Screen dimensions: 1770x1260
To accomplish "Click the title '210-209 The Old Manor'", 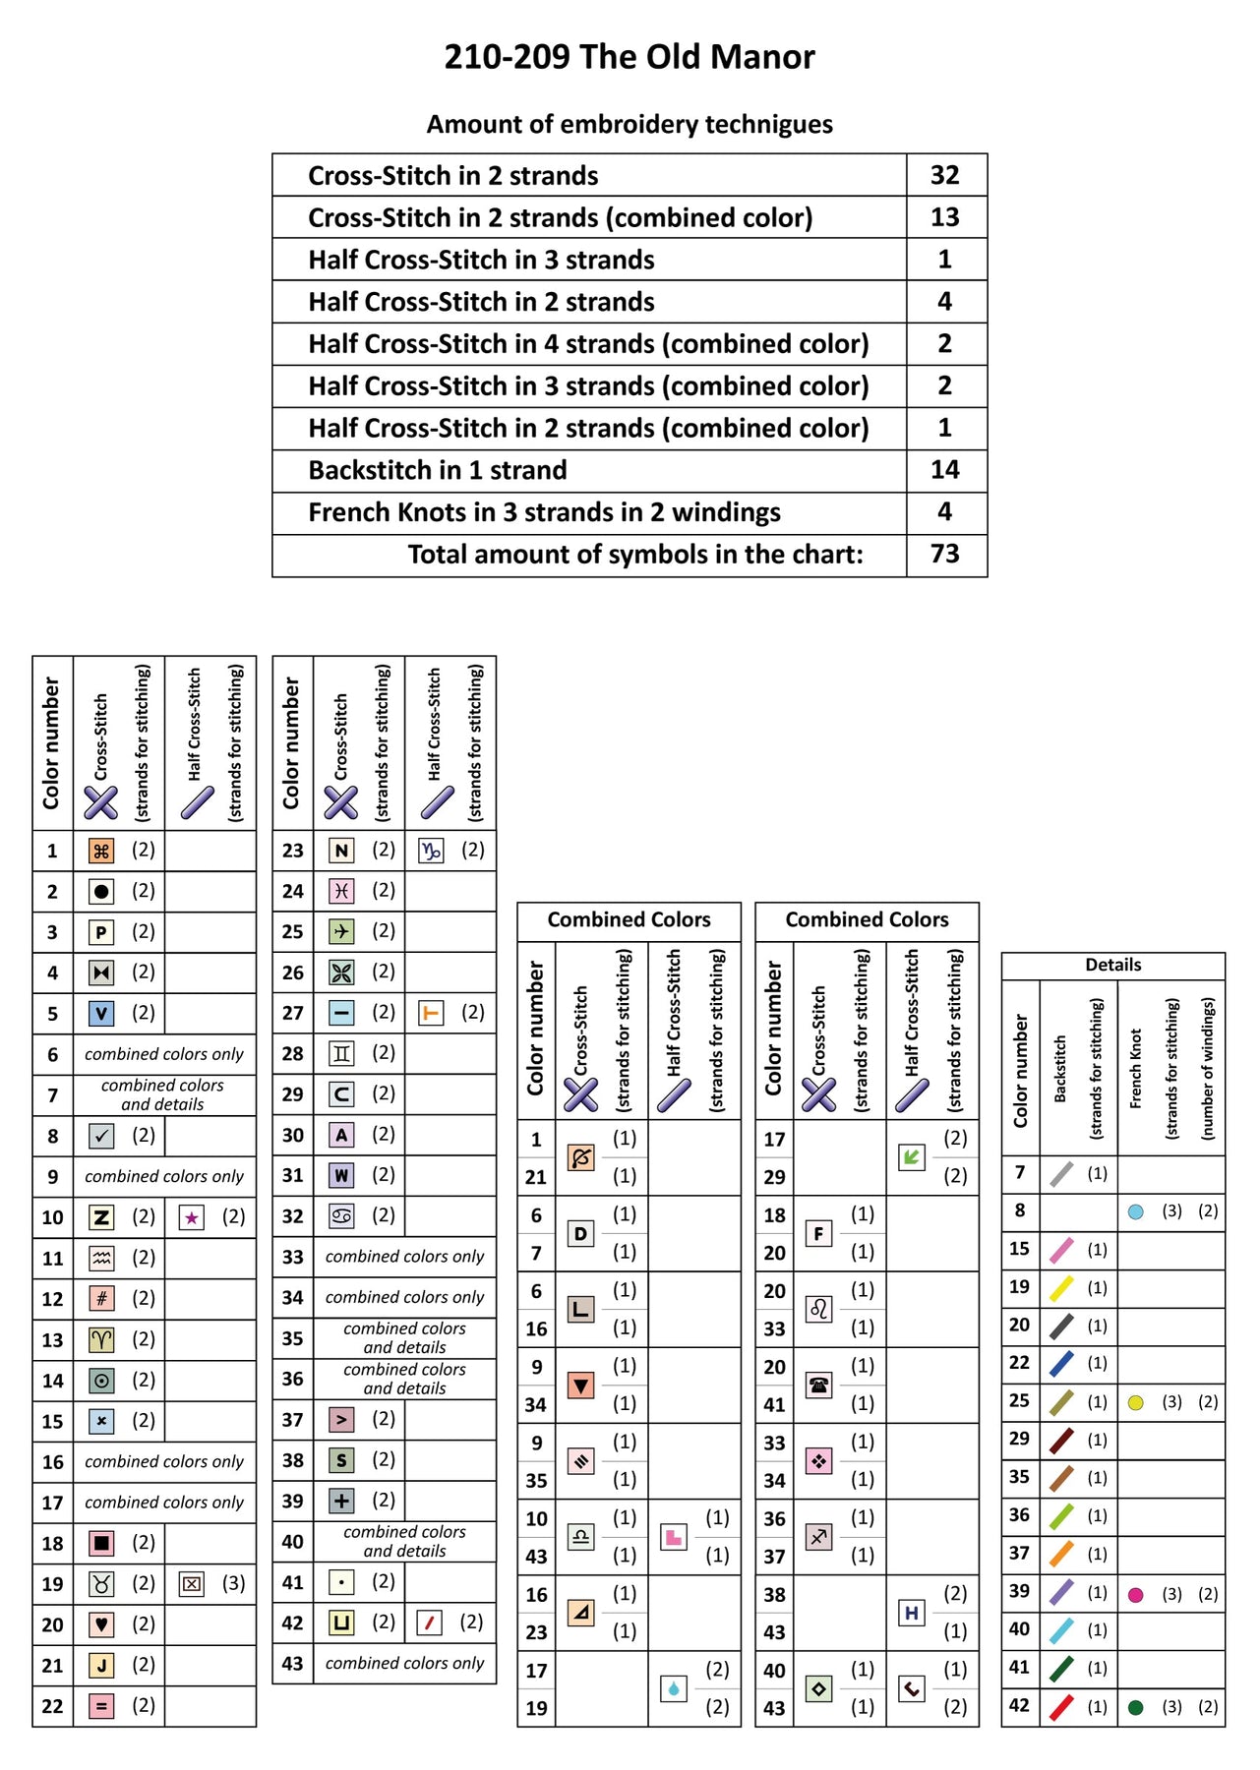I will (630, 57).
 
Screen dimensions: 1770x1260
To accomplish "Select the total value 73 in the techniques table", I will (944, 554).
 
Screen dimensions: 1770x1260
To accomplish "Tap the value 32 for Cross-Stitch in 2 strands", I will (944, 175).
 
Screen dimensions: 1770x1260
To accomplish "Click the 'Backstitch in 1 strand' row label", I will (438, 470).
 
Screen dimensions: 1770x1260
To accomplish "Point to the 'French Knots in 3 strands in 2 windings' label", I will (544, 512).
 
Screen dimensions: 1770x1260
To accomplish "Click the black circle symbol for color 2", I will (101, 892).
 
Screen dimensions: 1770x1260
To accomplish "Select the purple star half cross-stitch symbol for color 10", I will (192, 1218).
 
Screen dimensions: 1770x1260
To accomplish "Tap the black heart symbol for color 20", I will (101, 1624).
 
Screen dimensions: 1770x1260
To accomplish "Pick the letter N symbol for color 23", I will (341, 851).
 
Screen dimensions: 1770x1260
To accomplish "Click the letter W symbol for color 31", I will (341, 1175).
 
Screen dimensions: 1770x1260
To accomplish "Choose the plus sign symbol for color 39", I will (341, 1501).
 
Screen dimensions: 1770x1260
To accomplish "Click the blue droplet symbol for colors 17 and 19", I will (674, 1688).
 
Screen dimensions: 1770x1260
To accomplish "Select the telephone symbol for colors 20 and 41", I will (818, 1385).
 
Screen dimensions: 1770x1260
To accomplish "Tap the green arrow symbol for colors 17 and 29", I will (912, 1156).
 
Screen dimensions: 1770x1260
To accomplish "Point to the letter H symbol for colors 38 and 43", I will (912, 1613).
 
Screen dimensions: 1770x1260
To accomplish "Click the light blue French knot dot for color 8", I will (1136, 1212).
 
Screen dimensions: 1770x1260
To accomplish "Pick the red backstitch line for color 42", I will (1061, 1707).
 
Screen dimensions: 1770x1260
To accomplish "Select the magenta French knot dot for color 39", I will (1136, 1595).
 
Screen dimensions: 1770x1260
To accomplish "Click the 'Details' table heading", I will (1113, 965).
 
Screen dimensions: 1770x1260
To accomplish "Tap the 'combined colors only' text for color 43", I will (404, 1663).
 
